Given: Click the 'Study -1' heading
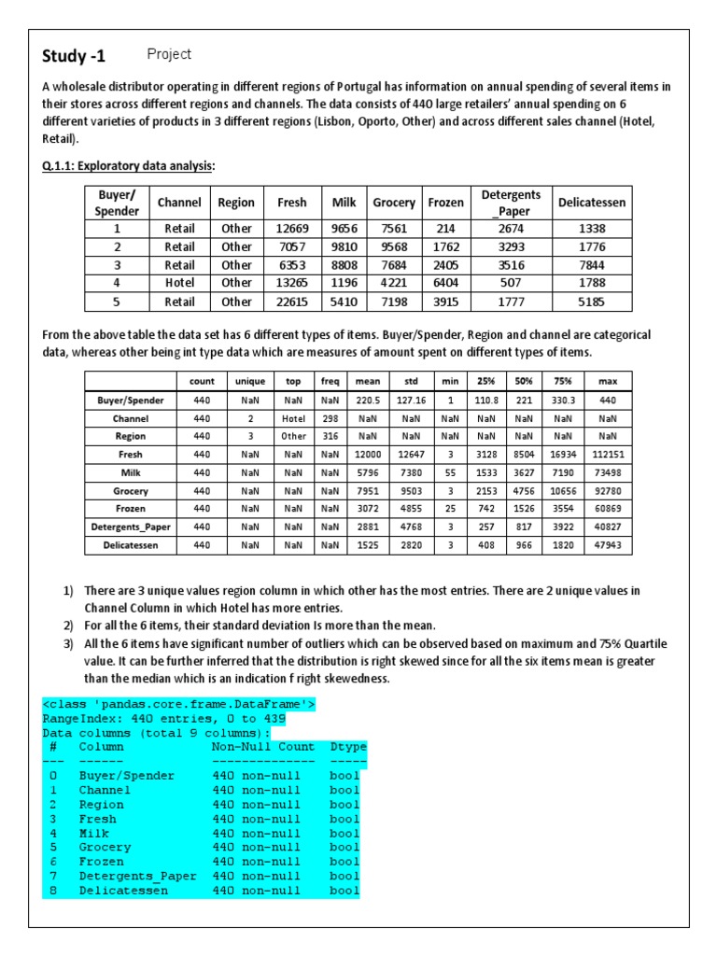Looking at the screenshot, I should click(x=74, y=57).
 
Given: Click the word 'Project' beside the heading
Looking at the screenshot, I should click(x=169, y=54).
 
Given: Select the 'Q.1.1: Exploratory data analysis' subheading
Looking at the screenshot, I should click(x=128, y=166).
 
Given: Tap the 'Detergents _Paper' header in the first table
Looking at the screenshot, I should click(x=511, y=202).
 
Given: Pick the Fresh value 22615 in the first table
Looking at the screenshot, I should click(x=291, y=302).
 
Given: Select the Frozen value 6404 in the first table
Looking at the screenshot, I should click(x=445, y=282).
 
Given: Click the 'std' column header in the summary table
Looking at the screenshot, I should click(x=410, y=381).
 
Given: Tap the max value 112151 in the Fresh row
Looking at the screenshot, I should click(x=608, y=455).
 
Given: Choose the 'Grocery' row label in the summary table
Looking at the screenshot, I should click(x=131, y=491).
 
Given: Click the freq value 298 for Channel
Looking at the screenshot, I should click(x=330, y=419).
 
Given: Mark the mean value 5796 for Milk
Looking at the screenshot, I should click(x=365, y=473).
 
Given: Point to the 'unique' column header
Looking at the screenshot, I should click(x=249, y=381).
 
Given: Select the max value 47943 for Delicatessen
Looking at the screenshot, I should click(x=608, y=545).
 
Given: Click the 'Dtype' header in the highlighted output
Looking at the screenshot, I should click(x=348, y=747).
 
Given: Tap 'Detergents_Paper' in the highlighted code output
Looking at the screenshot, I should click(x=137, y=876).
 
